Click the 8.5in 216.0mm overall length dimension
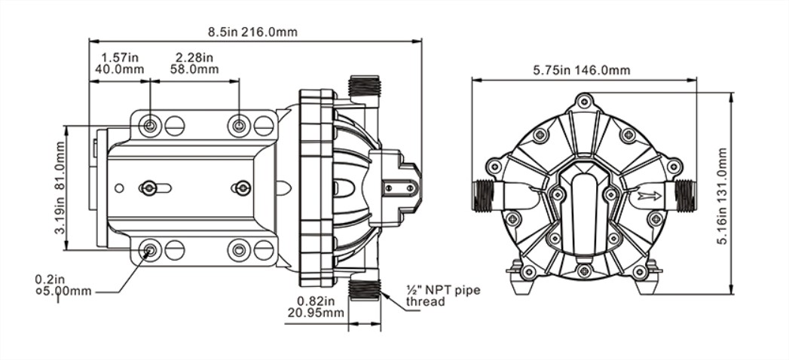coord(252,32)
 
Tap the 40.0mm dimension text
coord(119,69)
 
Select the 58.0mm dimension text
coord(194,69)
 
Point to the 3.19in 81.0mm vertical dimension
coord(60,188)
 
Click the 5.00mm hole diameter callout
coord(63,291)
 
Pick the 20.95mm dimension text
coord(316,313)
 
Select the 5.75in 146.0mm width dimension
coord(582,70)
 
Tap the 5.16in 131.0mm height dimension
coord(723,197)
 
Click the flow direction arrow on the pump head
coord(650,196)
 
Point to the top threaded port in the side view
coord(364,87)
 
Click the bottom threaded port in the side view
coord(364,291)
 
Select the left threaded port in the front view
coord(483,196)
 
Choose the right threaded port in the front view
coord(685,196)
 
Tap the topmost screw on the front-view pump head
coord(584,101)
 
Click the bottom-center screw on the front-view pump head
coord(584,271)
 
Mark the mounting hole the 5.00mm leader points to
coord(150,250)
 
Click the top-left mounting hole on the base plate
coord(150,125)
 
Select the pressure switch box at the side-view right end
coord(396,188)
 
